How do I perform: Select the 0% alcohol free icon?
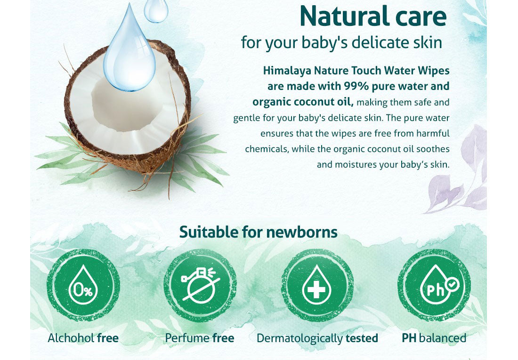pyautogui.click(x=83, y=285)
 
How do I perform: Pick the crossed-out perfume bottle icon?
pyautogui.click(x=200, y=285)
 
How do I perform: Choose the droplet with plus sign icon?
pyautogui.click(x=317, y=285)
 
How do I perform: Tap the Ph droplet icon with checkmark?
pyautogui.click(x=434, y=285)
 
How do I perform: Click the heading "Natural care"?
pyautogui.click(x=373, y=16)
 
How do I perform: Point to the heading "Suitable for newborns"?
pyautogui.click(x=259, y=232)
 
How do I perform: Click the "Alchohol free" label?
pyautogui.click(x=83, y=338)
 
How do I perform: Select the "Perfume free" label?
pyautogui.click(x=200, y=338)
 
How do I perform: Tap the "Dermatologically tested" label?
pyautogui.click(x=317, y=338)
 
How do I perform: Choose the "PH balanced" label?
pyautogui.click(x=434, y=338)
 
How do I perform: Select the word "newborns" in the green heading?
pyautogui.click(x=302, y=232)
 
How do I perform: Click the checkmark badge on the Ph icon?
pyautogui.click(x=452, y=284)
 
